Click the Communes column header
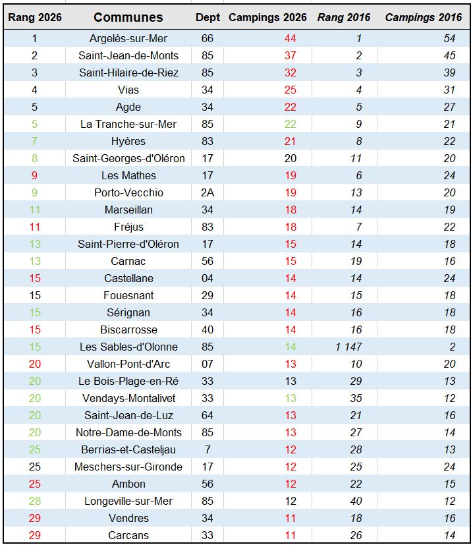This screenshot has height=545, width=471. click(128, 17)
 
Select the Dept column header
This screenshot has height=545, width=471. click(208, 17)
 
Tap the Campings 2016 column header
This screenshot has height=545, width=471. click(424, 17)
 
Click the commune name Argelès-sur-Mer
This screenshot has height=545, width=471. click(128, 39)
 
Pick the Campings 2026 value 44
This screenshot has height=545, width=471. click(291, 39)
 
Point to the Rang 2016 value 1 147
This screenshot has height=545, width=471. click(348, 347)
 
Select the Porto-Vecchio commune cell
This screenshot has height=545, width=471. click(128, 193)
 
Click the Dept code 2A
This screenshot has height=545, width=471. click(208, 193)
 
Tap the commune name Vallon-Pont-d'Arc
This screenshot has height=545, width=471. click(128, 364)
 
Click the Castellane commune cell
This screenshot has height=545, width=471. click(128, 279)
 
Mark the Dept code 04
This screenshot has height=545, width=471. click(208, 279)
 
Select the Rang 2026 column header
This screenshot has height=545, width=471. click(35, 17)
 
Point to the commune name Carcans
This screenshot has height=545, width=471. click(128, 536)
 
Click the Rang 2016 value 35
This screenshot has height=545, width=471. click(359, 399)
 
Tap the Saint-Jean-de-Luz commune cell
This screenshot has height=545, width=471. click(128, 416)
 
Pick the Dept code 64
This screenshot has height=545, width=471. click(208, 416)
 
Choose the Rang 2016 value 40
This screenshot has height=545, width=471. click(359, 502)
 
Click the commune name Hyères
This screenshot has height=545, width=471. click(128, 142)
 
